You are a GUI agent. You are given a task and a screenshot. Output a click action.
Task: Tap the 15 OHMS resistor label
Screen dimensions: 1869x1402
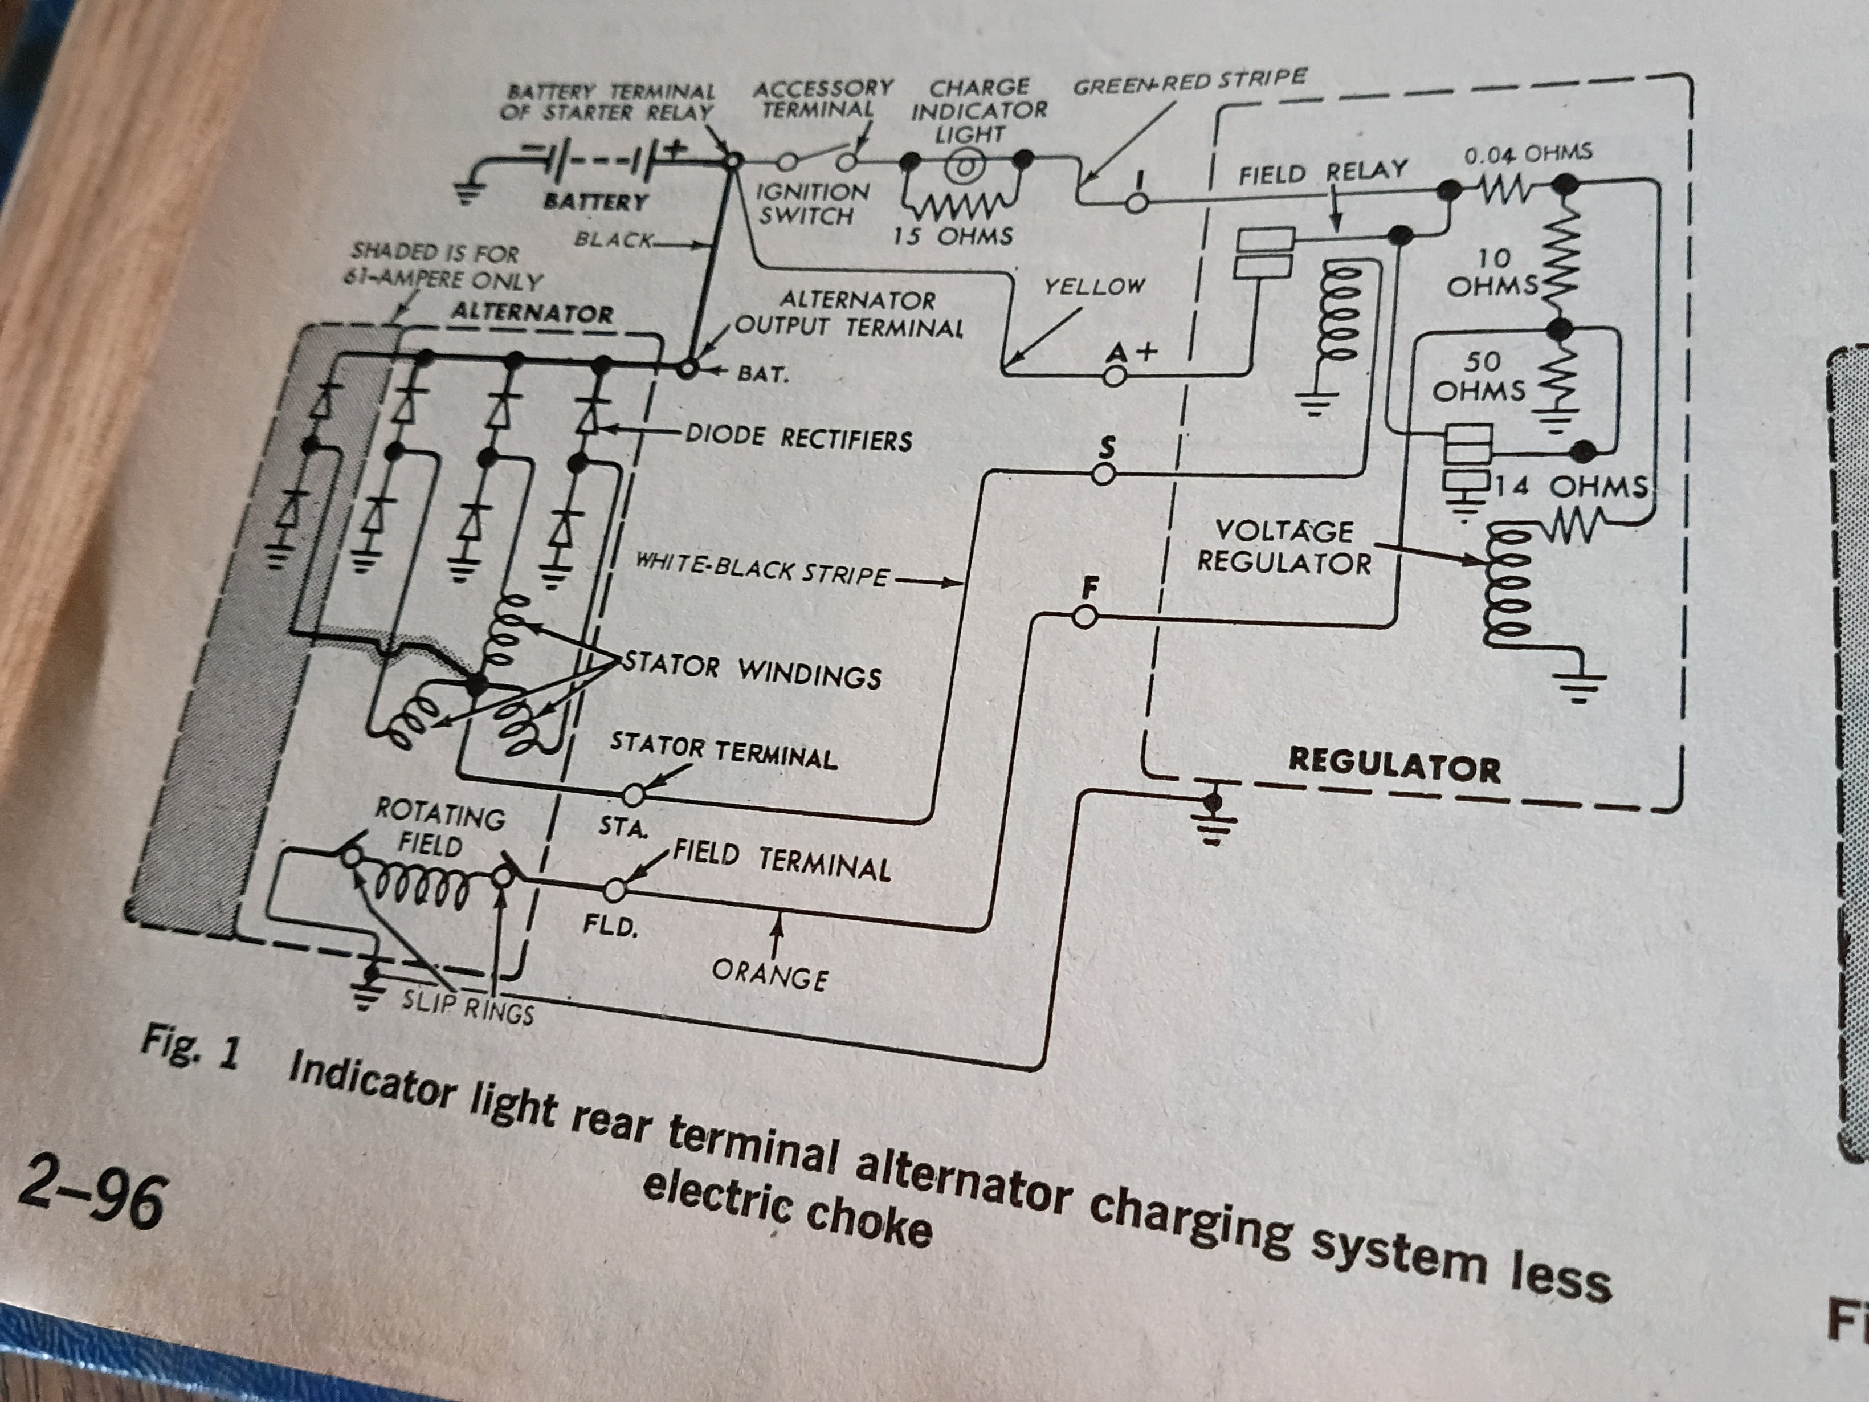coord(952,236)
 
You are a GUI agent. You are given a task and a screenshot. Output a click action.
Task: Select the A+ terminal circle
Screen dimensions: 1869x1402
coord(1115,376)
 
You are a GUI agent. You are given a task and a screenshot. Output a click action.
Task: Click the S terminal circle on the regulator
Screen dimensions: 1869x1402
coord(1104,475)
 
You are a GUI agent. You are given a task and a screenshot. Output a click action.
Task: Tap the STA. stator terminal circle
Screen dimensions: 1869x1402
coord(634,794)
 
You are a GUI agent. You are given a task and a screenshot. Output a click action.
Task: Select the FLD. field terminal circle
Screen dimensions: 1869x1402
coord(615,890)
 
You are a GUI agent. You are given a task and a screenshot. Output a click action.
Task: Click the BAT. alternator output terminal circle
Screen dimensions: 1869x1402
coord(689,369)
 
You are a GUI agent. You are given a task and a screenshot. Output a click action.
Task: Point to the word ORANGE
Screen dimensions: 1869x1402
coord(770,976)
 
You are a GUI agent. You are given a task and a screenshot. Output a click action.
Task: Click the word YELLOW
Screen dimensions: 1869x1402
coord(1094,287)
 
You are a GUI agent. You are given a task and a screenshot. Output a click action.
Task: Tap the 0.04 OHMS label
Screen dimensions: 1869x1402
coord(1528,154)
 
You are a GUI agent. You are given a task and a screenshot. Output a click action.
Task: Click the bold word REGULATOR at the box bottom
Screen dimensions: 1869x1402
coord(1394,765)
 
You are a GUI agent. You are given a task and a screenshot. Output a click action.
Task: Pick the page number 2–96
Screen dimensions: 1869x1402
coord(91,1199)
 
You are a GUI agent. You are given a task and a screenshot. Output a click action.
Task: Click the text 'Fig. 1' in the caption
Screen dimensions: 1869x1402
coord(191,1049)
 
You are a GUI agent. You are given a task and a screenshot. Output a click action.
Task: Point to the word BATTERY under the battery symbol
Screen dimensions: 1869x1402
coord(595,201)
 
